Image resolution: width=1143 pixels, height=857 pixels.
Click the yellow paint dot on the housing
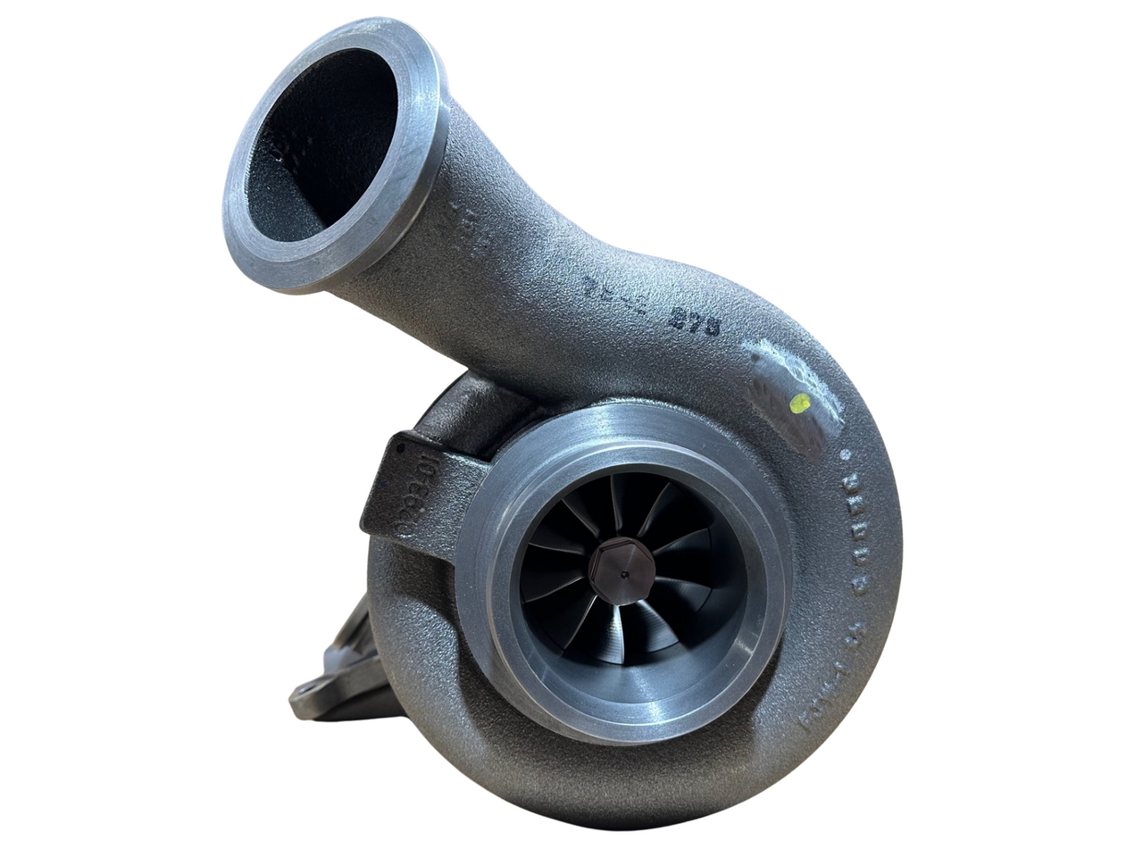[x=801, y=403]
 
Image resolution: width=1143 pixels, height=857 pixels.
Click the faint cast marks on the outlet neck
[x=471, y=223]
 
